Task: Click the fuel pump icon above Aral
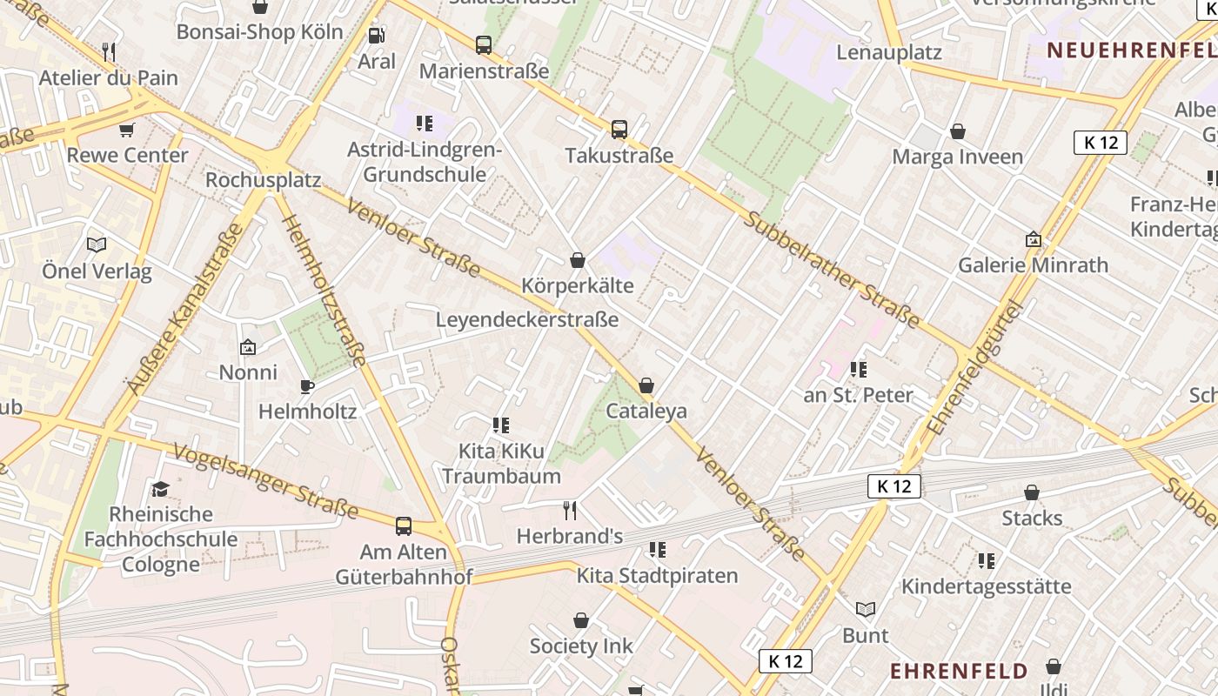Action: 377,36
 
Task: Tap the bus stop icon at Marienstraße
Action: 483,44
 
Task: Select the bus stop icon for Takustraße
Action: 619,130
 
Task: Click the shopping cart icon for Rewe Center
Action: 127,130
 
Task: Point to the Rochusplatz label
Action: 263,180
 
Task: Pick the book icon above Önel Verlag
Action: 97,245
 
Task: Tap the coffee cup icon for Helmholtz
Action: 306,385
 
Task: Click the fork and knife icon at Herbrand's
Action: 570,510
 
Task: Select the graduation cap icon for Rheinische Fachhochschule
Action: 160,489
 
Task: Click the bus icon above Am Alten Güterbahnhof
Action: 404,525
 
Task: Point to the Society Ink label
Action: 581,646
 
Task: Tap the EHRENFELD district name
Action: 959,671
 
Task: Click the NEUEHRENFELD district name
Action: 1131,50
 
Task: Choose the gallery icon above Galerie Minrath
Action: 1033,239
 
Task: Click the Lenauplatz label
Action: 889,52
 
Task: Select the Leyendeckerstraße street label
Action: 526,319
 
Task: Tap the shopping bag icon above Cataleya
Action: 646,385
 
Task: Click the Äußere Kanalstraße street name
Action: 184,309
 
